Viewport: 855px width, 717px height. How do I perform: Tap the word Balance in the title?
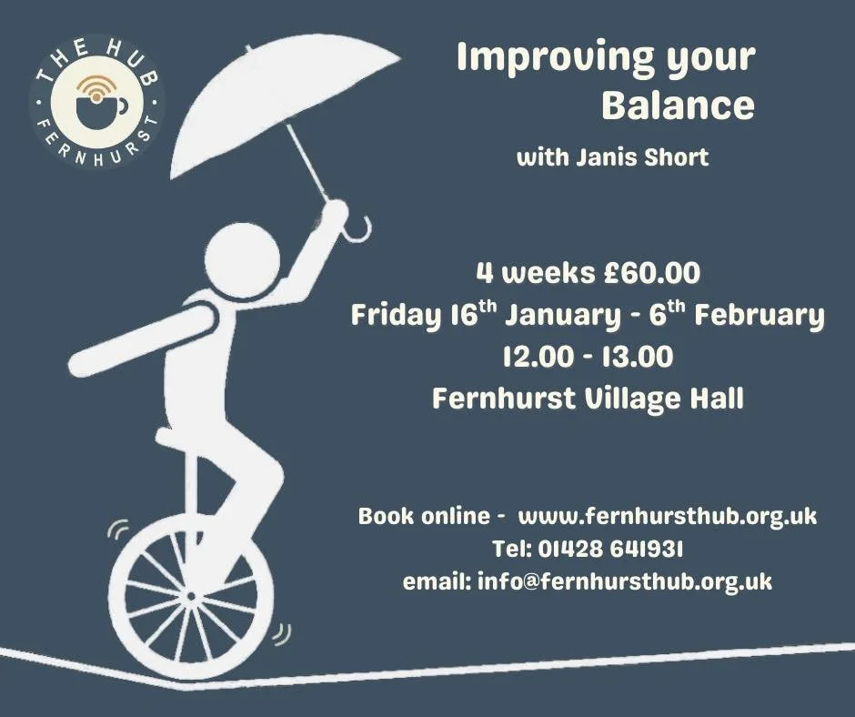pyautogui.click(x=678, y=106)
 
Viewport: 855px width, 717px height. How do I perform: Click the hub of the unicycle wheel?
pyautogui.click(x=191, y=597)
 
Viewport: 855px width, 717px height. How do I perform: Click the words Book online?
pyautogui.click(x=424, y=516)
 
